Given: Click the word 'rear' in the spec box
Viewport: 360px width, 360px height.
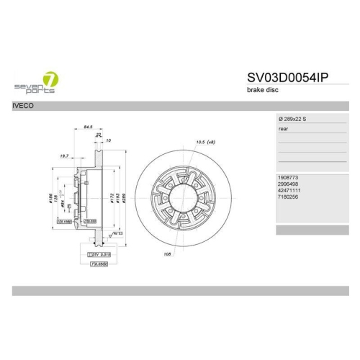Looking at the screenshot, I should point(284,130).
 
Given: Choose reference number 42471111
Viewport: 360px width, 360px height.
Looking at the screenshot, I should point(290,190).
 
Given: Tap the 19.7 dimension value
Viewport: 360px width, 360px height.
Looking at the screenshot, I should point(63,155).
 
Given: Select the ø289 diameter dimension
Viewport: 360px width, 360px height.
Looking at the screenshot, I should point(124,197).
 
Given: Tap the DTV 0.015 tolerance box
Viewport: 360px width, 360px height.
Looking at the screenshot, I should point(98,254).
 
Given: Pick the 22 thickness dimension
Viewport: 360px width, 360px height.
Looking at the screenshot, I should point(98,135).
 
